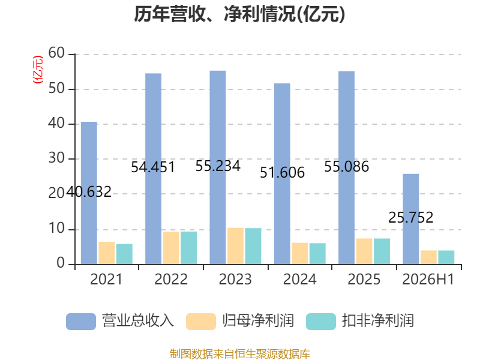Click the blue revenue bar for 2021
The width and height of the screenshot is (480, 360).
click(x=89, y=193)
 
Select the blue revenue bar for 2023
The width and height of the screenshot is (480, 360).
click(x=218, y=167)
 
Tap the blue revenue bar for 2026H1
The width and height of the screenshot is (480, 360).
click(x=411, y=219)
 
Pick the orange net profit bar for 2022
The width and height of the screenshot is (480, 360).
click(x=171, y=248)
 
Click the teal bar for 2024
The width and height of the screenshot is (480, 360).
click(x=317, y=254)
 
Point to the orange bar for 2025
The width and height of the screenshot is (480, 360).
click(x=364, y=251)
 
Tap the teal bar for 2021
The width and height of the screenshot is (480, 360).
click(x=124, y=254)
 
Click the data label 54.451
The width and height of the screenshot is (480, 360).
click(x=153, y=167)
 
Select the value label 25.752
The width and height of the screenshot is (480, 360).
click(x=411, y=218)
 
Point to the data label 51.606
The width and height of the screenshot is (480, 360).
click(x=282, y=173)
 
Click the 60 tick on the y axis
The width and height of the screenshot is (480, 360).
click(x=56, y=53)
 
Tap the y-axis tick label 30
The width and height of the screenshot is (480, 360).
click(x=56, y=158)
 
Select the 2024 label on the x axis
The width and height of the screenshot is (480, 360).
click(x=299, y=279)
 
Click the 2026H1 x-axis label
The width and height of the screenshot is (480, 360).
click(x=428, y=279)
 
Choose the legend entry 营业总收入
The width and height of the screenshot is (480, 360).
click(x=120, y=321)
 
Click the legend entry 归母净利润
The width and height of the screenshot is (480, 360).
click(x=240, y=321)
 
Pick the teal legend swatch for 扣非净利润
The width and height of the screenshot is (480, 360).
click(x=321, y=322)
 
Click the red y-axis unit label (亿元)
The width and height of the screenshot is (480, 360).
click(x=38, y=70)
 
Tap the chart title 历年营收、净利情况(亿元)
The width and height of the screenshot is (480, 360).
click(x=239, y=14)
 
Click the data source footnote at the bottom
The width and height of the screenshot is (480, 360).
click(x=240, y=354)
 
